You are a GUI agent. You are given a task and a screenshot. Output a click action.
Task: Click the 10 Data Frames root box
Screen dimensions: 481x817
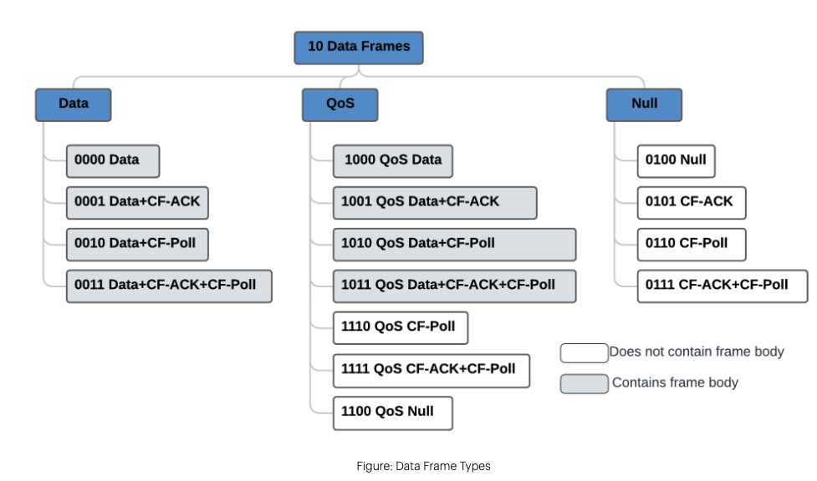[359, 48]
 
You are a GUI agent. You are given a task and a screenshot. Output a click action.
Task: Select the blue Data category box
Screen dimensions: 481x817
[73, 104]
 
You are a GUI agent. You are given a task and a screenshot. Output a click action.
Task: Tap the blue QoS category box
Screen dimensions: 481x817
[340, 104]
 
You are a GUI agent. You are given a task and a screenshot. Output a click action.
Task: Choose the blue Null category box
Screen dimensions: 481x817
[644, 104]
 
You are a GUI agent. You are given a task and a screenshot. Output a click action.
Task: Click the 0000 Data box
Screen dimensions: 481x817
[113, 160]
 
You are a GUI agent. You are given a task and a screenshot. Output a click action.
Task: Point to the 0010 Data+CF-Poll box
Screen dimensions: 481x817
[137, 244]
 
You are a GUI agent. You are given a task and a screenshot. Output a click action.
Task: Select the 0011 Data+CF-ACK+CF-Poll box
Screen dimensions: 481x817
[169, 286]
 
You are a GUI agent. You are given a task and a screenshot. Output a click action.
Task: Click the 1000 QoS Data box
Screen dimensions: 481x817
[392, 160]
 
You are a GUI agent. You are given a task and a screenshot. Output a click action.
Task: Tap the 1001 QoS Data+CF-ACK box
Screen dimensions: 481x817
[434, 202]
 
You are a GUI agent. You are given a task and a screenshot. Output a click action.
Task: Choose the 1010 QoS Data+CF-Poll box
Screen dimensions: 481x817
[454, 244]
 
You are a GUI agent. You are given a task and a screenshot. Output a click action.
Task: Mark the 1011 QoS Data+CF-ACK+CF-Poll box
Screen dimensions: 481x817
[454, 286]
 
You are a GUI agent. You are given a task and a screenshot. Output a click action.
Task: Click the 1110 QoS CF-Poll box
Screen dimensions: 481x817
[400, 327]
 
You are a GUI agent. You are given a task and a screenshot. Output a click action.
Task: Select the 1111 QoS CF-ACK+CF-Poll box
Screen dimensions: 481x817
[431, 370]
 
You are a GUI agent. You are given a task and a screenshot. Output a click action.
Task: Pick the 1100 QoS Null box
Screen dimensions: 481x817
[392, 413]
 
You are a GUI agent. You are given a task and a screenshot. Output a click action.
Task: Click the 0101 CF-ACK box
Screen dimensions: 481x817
[691, 202]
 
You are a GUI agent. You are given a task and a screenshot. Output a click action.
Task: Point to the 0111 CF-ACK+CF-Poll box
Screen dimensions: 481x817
[723, 286]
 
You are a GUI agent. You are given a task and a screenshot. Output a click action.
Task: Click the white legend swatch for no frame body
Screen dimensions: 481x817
[584, 352]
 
